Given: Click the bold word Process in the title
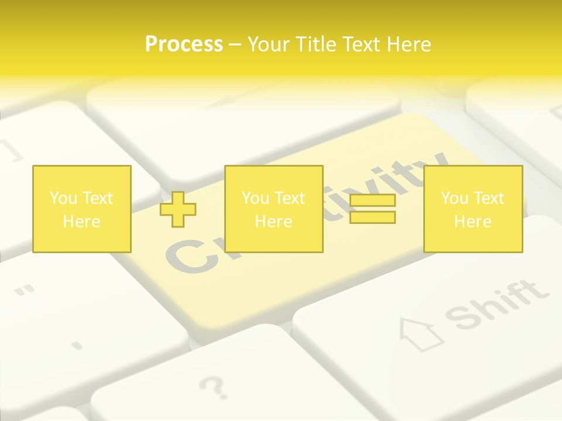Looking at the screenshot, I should tap(184, 44).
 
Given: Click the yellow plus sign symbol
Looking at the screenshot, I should tap(178, 209).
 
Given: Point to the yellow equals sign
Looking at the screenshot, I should tap(372, 209).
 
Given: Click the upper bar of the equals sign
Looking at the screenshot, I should tap(372, 201).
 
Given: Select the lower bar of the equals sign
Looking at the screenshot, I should tap(372, 217).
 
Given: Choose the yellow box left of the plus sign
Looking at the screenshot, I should tap(81, 209).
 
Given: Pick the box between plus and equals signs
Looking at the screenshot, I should tap(273, 209).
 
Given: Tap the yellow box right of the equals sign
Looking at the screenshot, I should tap(472, 209).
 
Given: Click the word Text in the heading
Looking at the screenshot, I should tap(362, 44).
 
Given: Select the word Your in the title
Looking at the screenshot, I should tap(269, 44).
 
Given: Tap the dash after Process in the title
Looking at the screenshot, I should tap(235, 45).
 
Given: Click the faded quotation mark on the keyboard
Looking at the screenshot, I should tap(24, 291).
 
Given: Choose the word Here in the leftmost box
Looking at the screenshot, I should tap(81, 222).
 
